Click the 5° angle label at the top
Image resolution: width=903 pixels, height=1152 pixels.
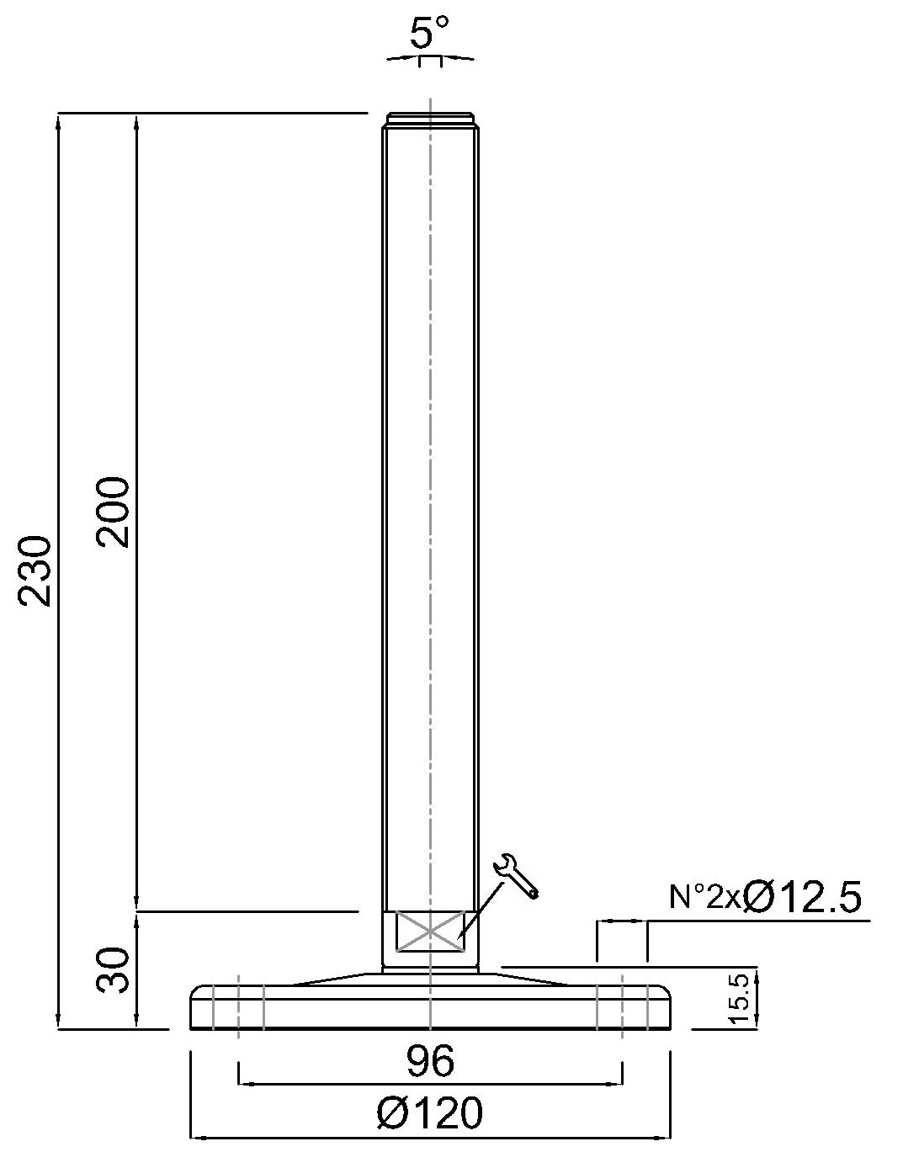(x=429, y=35)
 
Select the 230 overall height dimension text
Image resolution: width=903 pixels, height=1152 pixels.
(x=37, y=570)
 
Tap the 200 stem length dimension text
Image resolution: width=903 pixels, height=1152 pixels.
(x=114, y=512)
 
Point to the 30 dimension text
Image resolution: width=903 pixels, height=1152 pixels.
(x=114, y=969)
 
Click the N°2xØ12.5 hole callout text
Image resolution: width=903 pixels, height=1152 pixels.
(x=766, y=898)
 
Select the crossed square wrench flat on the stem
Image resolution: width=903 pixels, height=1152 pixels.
(x=430, y=932)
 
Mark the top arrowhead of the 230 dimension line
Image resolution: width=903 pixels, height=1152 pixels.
(x=58, y=119)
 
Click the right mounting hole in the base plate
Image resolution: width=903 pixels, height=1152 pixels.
(x=622, y=1006)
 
